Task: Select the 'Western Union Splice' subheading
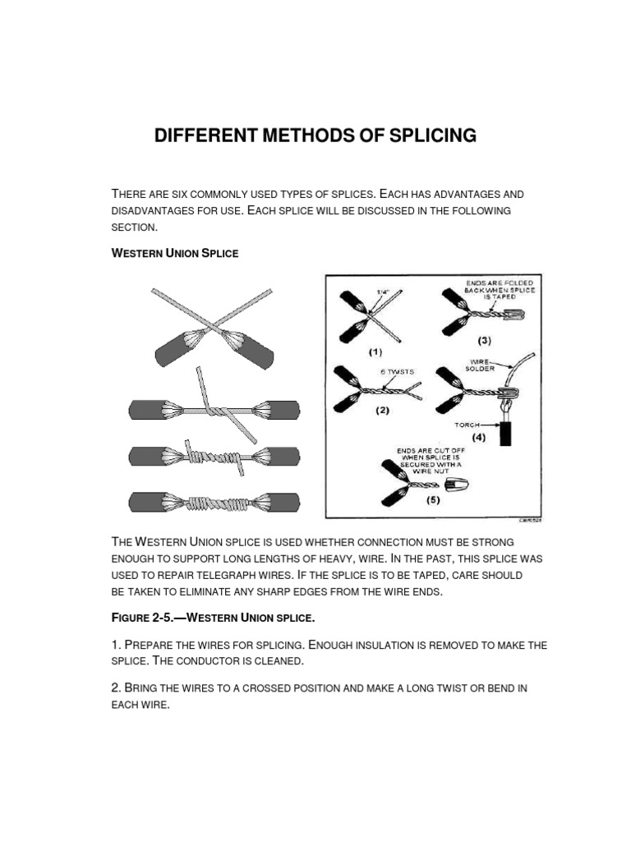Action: (174, 253)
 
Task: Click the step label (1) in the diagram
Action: (375, 352)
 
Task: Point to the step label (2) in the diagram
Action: (382, 411)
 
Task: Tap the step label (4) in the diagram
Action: (479, 437)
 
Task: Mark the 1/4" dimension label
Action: (382, 291)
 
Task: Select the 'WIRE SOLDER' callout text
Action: (482, 364)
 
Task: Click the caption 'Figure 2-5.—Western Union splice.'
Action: (213, 616)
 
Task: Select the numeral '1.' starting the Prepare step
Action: (116, 646)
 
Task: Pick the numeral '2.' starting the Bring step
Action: (116, 688)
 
